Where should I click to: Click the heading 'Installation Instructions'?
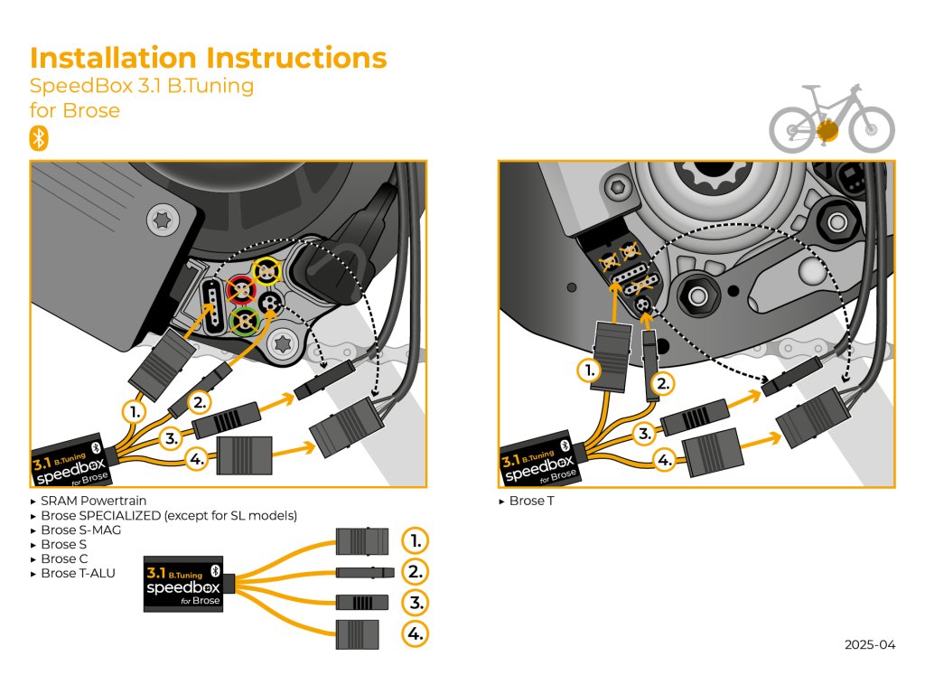tap(209, 58)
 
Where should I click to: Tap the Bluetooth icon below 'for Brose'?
tap(39, 138)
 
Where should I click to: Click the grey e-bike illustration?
tap(831, 119)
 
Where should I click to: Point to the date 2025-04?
tap(870, 645)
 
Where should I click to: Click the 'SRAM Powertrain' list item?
tap(93, 501)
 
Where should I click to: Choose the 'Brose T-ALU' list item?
tap(78, 573)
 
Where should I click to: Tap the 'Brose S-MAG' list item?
tap(80, 530)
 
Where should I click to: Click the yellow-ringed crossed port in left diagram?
tap(267, 269)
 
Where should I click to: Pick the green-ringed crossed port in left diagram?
tap(243, 321)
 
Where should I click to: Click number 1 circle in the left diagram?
tap(135, 411)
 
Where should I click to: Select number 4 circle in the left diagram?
tap(198, 458)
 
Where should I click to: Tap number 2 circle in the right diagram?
tap(663, 383)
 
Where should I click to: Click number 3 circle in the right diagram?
tap(644, 434)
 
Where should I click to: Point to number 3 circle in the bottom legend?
tap(414, 603)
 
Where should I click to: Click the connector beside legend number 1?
tap(361, 541)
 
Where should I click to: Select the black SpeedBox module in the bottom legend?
tap(183, 586)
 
